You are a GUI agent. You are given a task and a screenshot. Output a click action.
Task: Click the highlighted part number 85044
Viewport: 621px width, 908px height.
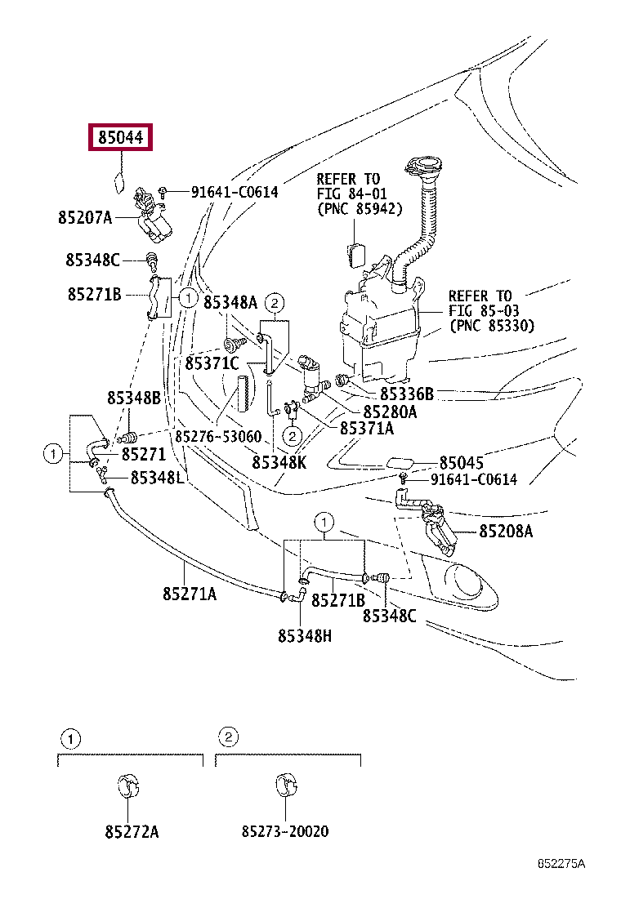point(120,137)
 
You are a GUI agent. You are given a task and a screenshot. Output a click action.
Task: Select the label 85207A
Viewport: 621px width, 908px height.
point(85,217)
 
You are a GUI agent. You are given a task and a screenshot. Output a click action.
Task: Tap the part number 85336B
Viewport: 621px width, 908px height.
point(407,394)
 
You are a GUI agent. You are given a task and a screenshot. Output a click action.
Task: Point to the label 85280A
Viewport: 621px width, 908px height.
point(390,412)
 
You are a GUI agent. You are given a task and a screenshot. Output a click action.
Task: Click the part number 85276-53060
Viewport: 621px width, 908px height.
point(218,436)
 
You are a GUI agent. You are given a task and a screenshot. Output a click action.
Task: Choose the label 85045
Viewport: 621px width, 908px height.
point(461,463)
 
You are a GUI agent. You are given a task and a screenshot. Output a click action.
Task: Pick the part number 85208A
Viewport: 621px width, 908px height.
point(506,531)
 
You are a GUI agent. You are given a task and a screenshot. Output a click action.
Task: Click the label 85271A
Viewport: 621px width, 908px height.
point(190,594)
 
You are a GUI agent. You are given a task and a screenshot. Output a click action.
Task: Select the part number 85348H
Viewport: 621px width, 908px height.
point(305,636)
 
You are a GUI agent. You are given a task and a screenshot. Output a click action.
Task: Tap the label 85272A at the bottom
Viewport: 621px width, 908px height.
point(132,831)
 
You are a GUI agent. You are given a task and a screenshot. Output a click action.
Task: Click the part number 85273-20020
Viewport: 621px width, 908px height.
point(285,831)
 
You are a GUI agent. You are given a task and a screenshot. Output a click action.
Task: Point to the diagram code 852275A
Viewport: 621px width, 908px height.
point(561,863)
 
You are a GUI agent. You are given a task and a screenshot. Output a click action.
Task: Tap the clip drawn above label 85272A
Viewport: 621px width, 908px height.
point(128,785)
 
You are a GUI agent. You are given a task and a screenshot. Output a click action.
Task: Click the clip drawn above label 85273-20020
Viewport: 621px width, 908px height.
point(286,784)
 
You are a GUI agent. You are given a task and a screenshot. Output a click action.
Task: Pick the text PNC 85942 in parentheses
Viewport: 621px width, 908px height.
point(360,209)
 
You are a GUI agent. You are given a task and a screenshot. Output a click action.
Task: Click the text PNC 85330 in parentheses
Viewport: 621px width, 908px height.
point(492,326)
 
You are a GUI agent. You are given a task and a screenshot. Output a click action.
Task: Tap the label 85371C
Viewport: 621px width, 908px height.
point(212,363)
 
